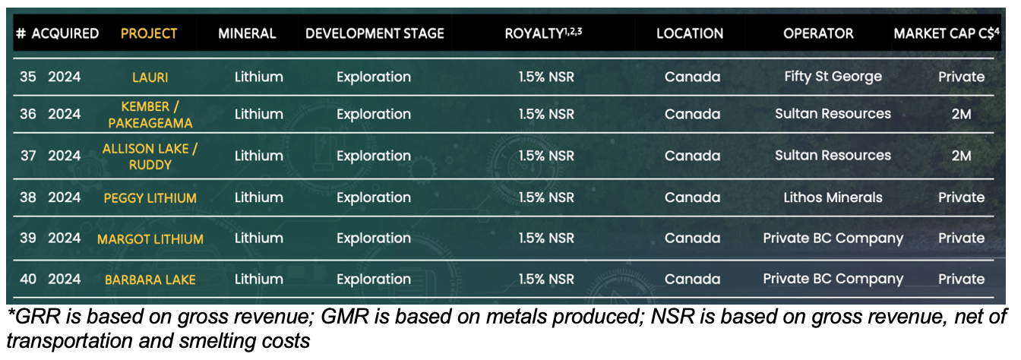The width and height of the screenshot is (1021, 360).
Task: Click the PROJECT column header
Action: click(149, 33)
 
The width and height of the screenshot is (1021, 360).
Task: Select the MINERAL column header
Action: click(247, 33)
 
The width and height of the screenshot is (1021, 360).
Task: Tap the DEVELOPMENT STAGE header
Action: click(375, 33)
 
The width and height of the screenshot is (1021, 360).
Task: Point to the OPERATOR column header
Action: click(818, 33)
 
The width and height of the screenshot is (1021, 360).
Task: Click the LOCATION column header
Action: click(690, 33)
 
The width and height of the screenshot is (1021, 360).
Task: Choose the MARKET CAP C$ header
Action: click(947, 33)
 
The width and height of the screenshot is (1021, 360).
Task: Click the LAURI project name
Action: click(150, 77)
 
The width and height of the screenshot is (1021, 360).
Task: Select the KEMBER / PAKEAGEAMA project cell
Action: click(150, 115)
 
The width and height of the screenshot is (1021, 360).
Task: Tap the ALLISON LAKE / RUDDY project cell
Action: click(150, 156)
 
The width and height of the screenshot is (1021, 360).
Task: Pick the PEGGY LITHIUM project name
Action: click(150, 198)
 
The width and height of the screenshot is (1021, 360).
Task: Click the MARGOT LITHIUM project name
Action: click(150, 239)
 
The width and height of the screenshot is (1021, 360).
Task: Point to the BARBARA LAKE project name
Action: click(150, 279)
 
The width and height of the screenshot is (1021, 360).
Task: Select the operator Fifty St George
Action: click(833, 77)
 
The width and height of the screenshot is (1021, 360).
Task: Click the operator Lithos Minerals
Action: click(833, 197)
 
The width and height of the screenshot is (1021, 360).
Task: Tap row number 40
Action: click(28, 279)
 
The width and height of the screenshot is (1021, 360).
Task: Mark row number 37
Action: click(28, 156)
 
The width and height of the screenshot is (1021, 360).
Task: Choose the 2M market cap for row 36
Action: click(961, 114)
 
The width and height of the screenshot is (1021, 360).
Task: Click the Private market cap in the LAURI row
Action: click(961, 77)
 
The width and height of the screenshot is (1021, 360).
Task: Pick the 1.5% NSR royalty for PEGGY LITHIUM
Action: click(546, 197)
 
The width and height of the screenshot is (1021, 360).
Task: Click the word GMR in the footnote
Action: click(345, 317)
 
